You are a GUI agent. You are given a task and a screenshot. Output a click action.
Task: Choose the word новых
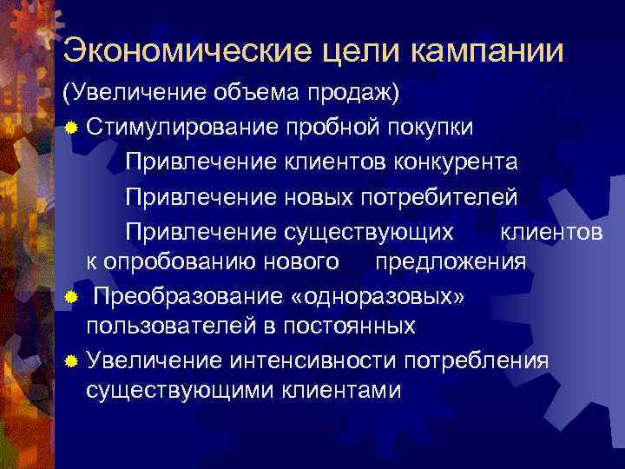pyautogui.click(x=319, y=196)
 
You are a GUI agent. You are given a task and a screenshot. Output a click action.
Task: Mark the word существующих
pyautogui.click(x=368, y=231)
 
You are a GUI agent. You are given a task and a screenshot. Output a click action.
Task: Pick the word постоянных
pyautogui.click(x=345, y=327)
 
